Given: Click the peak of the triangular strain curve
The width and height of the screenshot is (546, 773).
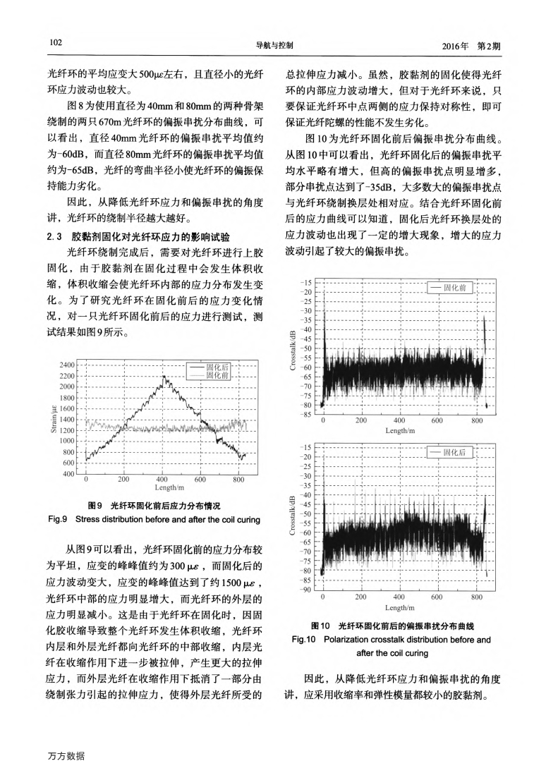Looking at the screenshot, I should tap(164, 377).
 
